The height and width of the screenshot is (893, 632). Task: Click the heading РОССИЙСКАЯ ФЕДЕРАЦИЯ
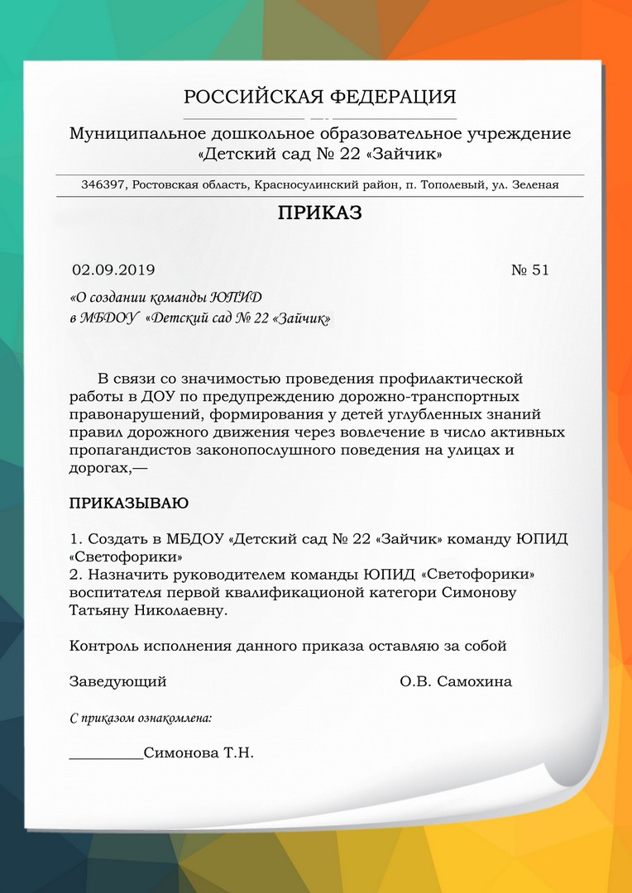click(x=319, y=97)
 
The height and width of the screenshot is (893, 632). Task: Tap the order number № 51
click(x=529, y=270)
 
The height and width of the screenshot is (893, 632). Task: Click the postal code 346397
click(x=103, y=185)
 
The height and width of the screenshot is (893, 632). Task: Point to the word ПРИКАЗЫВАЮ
click(x=128, y=503)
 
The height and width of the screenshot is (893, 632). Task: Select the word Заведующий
click(x=117, y=681)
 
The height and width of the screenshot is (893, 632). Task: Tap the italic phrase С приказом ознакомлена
click(x=140, y=718)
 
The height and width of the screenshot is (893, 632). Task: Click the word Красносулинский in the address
click(x=300, y=185)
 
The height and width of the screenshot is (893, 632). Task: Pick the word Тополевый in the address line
click(x=448, y=185)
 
